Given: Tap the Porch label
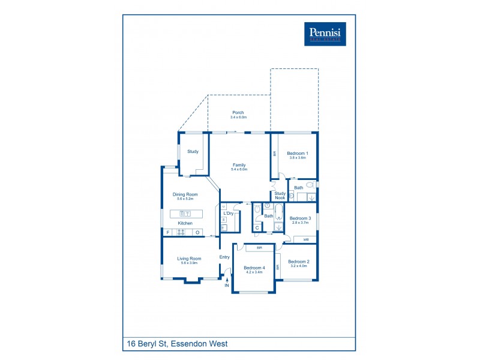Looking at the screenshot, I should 238,113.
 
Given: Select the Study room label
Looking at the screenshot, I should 193,152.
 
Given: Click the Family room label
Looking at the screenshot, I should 239,165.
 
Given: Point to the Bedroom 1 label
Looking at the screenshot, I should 297,154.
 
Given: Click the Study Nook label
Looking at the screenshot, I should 280,195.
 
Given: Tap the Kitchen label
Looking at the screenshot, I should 185,223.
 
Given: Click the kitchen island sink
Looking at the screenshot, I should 185,214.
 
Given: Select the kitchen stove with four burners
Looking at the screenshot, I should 180,232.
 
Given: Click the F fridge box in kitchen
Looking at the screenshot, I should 168,232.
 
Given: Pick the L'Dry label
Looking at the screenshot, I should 229,214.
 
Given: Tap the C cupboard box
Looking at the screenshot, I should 257,228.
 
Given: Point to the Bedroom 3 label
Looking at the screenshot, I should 300,218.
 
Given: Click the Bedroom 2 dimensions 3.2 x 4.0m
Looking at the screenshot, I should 298,266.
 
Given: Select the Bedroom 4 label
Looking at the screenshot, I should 254,268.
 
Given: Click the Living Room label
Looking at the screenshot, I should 188,259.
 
